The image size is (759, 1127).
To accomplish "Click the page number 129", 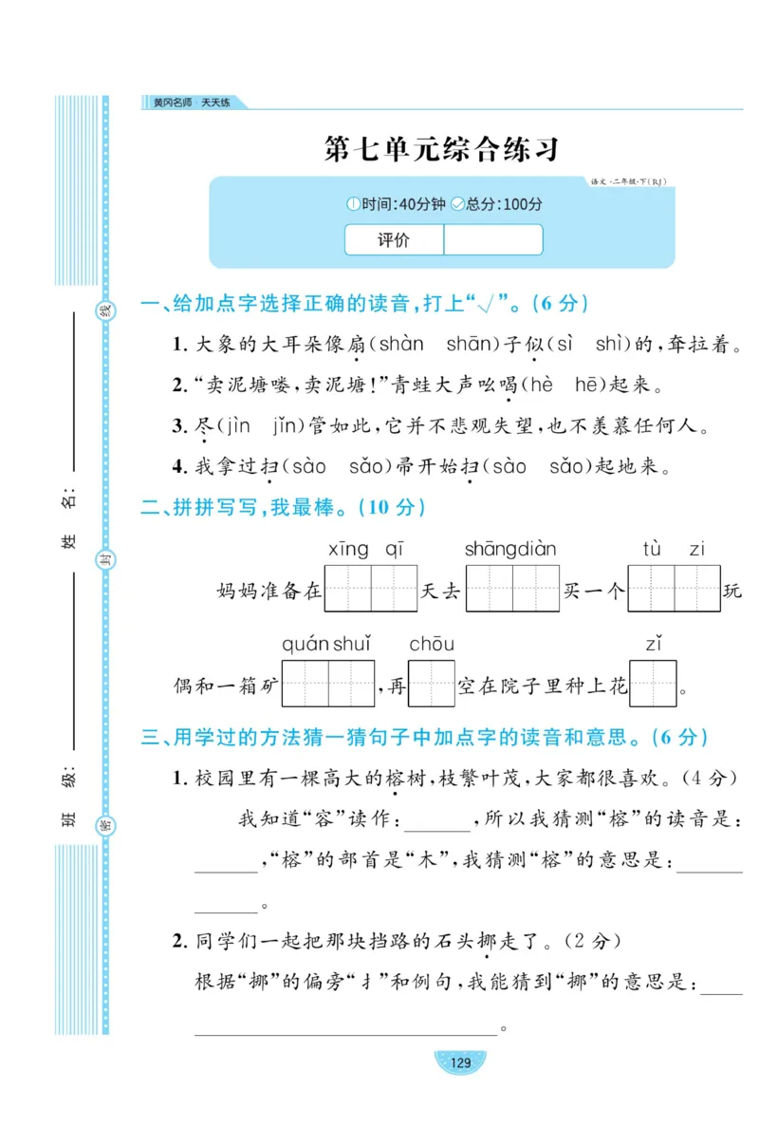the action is (x=460, y=1062).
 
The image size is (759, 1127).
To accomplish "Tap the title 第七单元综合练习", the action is (x=441, y=149).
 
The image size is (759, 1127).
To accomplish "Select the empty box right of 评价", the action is (x=492, y=240).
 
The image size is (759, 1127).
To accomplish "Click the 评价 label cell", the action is (x=394, y=240).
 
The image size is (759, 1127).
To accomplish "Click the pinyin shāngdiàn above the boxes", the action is (x=510, y=549).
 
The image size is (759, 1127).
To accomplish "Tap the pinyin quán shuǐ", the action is (x=326, y=645).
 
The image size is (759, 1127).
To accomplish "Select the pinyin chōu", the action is (x=432, y=645).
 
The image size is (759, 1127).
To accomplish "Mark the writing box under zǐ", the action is (x=653, y=684).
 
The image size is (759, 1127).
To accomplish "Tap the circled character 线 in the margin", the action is (x=106, y=311).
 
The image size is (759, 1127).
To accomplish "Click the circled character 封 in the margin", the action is (x=106, y=562).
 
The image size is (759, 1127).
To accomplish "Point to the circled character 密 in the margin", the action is (x=106, y=824).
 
